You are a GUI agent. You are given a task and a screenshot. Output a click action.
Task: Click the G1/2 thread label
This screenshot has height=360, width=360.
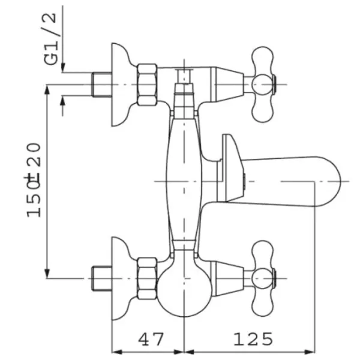[50, 39]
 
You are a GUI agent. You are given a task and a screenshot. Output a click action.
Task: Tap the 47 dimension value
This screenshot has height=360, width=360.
[151, 340]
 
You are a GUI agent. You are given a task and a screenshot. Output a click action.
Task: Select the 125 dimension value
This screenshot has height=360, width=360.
[253, 340]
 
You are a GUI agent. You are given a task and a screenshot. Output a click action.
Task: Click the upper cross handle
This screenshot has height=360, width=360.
[263, 85]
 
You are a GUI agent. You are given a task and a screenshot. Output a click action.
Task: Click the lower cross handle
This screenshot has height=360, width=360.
[263, 278]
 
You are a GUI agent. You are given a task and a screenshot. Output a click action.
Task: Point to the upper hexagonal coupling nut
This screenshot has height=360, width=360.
[148, 85]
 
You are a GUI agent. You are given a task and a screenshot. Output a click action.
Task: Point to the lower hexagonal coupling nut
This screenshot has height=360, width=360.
[148, 278]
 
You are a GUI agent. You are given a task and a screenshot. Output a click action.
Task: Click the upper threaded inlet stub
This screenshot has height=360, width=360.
[102, 85]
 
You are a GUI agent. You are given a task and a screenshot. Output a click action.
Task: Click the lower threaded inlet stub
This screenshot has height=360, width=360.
[102, 278]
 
